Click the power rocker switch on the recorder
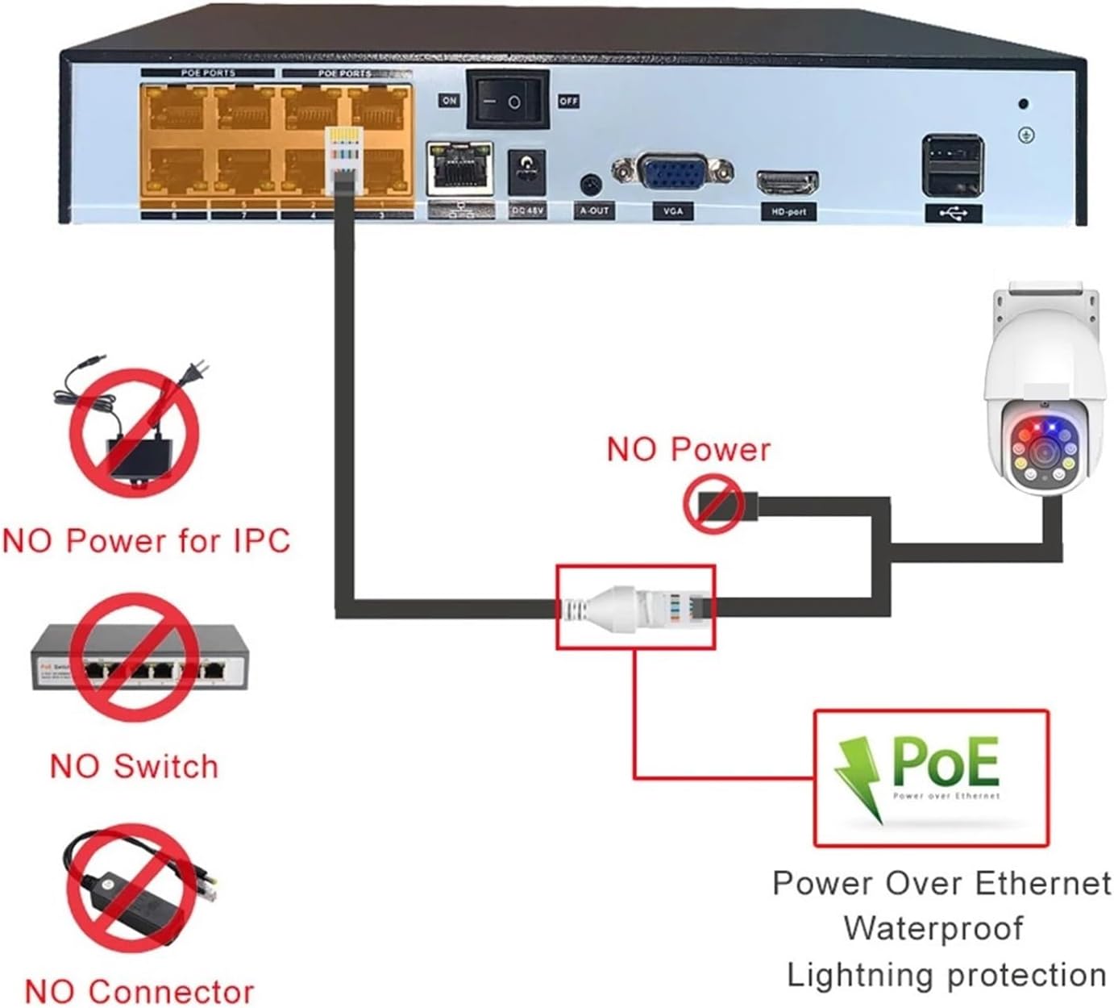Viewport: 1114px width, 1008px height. click(508, 99)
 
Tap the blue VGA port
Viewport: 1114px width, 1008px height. click(671, 171)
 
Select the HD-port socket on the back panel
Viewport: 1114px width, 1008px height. click(787, 183)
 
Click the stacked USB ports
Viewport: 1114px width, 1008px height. click(953, 165)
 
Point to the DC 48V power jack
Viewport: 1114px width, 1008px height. click(527, 171)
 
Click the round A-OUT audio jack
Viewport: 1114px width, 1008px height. click(592, 185)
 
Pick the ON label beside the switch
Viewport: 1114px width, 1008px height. click(449, 101)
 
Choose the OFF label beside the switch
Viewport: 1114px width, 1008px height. click(568, 101)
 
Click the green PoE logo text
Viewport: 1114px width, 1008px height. click(946, 762)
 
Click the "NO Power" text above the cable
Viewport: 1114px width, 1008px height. click(688, 450)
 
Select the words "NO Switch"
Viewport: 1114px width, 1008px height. click(134, 766)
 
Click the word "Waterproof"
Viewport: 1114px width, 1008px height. click(933, 928)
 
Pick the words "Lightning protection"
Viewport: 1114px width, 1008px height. click(946, 975)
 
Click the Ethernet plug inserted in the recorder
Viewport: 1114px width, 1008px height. click(342, 161)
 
